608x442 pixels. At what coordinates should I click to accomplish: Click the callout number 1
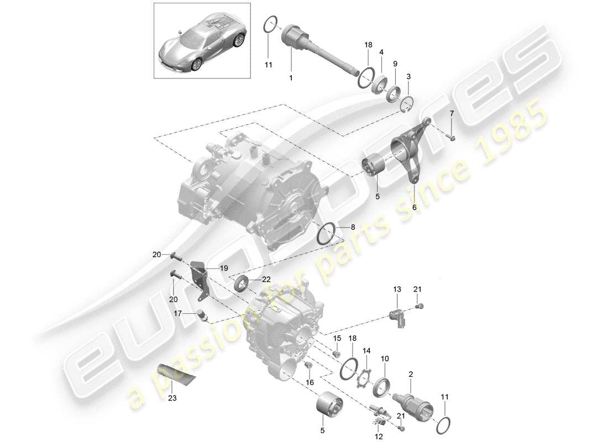click(290, 78)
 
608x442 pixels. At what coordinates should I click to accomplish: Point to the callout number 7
click(451, 113)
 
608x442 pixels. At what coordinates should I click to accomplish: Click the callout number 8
click(353, 227)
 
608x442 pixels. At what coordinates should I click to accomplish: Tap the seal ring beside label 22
click(242, 285)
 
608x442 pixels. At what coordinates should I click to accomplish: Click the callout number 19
click(224, 268)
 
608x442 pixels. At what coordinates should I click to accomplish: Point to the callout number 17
click(179, 313)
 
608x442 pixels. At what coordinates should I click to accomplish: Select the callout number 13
click(396, 289)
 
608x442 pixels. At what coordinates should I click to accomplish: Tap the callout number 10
click(385, 359)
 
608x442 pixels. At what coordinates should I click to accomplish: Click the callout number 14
click(365, 350)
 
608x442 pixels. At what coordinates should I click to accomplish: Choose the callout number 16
click(310, 382)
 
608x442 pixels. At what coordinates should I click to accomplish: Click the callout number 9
click(395, 64)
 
